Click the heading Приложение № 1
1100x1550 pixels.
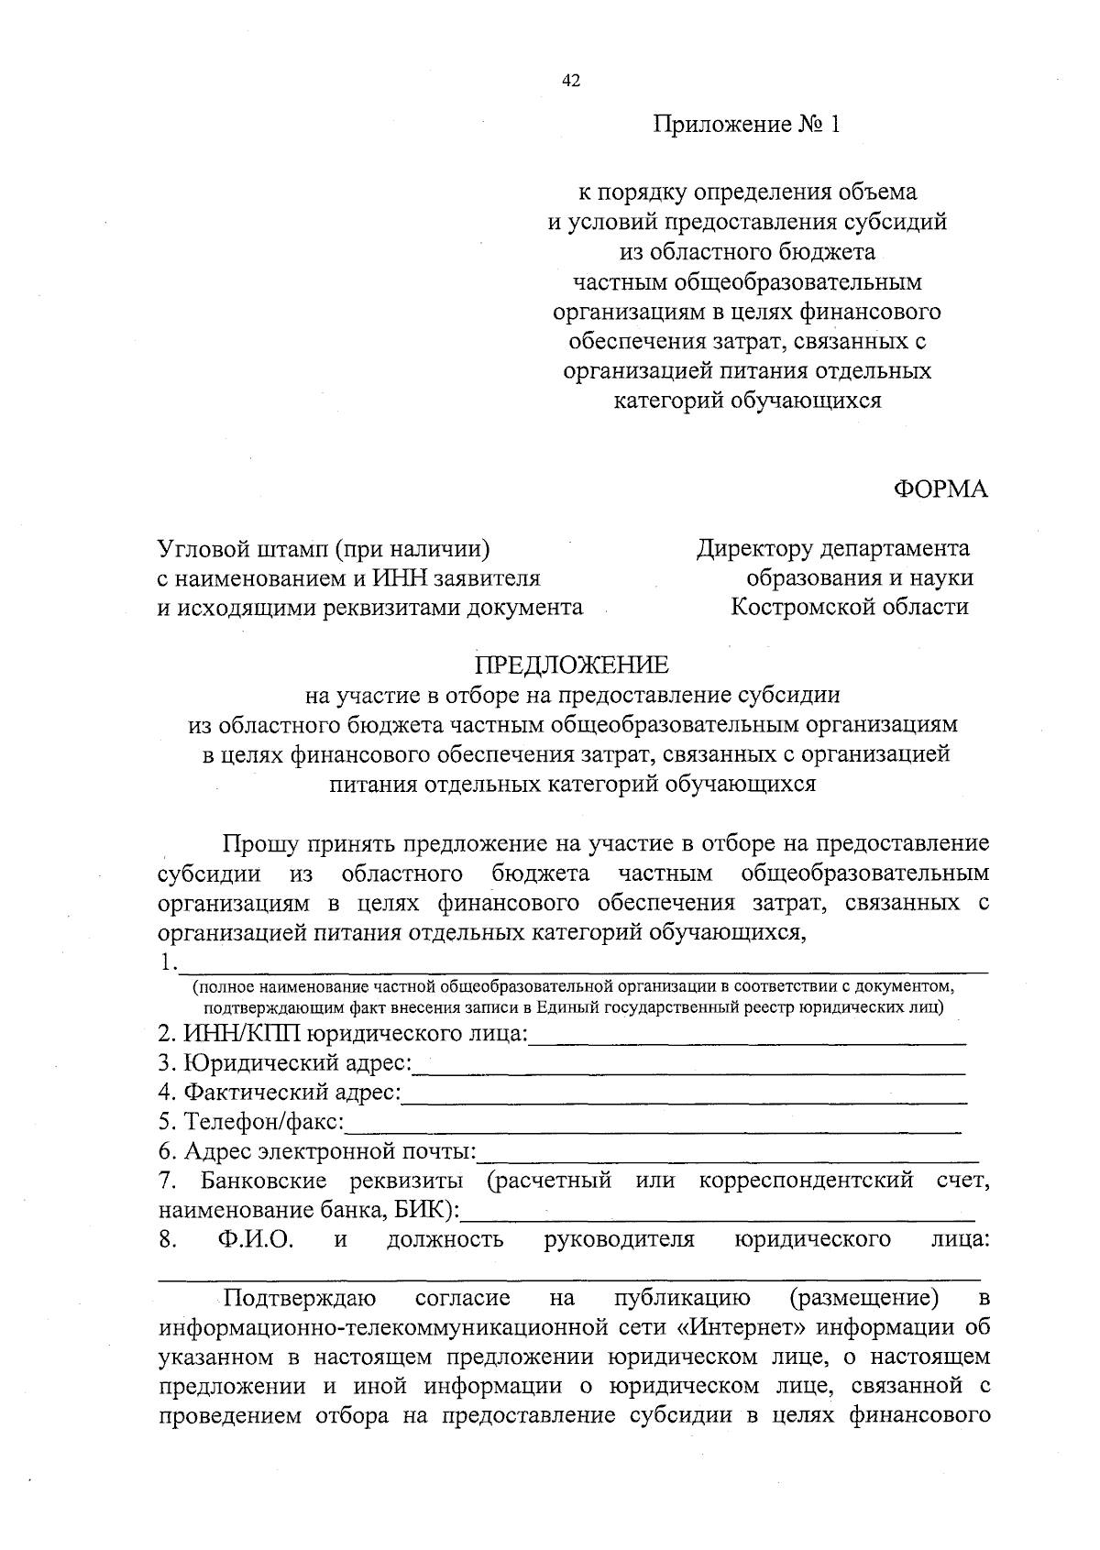746,124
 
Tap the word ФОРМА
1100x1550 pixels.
941,489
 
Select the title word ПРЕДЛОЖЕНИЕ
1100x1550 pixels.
571,664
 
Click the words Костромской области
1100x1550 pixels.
849,607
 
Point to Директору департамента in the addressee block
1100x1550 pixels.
832,548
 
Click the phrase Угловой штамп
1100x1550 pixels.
243,548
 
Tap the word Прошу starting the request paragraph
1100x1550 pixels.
258,843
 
